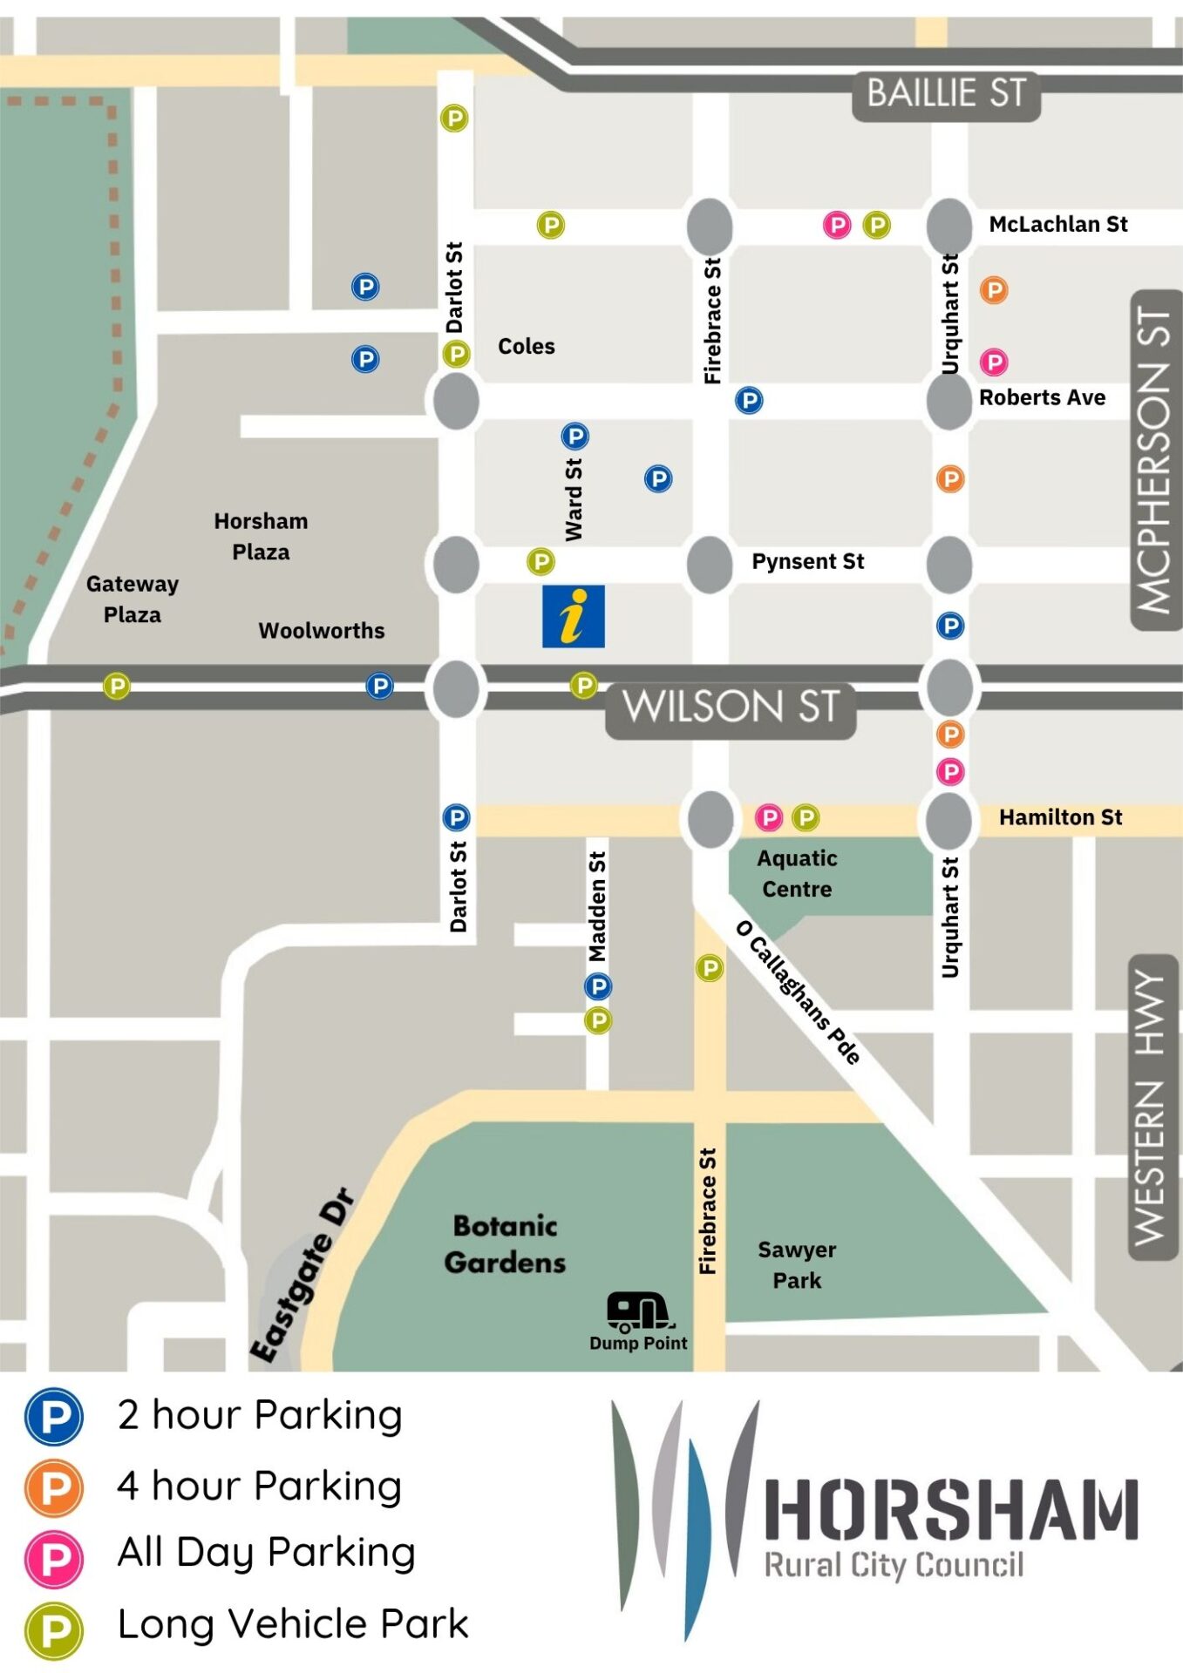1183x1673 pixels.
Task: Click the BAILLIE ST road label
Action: pos(946,94)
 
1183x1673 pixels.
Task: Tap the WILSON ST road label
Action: pos(731,707)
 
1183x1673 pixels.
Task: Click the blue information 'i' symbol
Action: pos(573,616)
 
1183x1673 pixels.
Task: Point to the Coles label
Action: pos(526,346)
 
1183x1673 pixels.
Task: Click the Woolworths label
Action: pos(321,630)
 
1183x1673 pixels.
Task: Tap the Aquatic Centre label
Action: pos(796,873)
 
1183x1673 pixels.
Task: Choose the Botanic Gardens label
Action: pos(505,1243)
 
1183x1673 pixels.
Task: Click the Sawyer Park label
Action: pos(796,1264)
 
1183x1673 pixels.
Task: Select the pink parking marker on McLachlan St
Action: pos(837,225)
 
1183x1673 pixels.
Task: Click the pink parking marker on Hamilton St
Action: pos(768,817)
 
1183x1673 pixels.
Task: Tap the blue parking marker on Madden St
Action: pos(597,986)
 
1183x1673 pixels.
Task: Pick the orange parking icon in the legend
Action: pos(54,1488)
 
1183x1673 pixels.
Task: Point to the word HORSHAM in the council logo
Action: pos(951,1510)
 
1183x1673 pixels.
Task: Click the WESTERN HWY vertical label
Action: pos(1153,1107)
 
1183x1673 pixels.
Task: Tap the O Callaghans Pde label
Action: pos(798,991)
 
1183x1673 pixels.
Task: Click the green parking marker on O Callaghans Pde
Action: pos(710,967)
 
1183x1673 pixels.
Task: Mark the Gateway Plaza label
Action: pos(132,599)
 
